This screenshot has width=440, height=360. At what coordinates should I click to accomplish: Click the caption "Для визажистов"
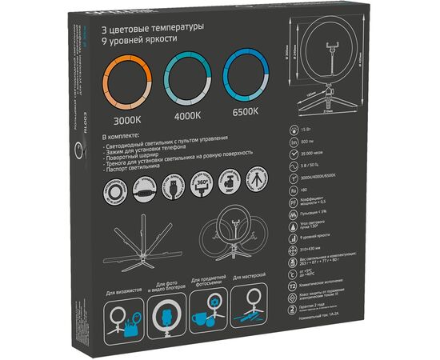125,288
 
